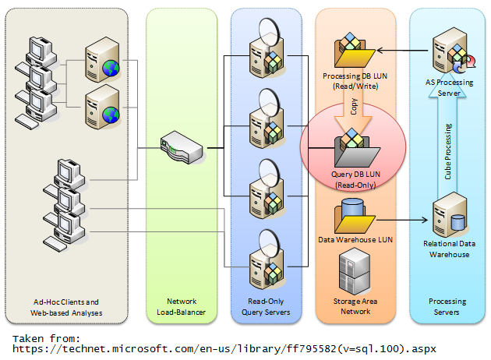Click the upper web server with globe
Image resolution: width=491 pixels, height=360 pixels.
click(x=101, y=60)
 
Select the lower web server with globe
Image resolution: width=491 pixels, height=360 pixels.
click(x=101, y=104)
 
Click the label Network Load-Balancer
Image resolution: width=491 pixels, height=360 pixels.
click(x=182, y=307)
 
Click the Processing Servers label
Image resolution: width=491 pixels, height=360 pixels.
click(x=447, y=307)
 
